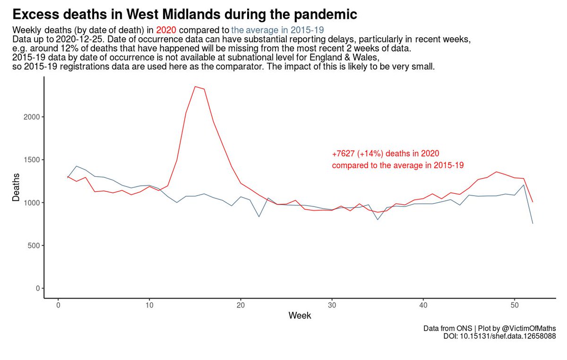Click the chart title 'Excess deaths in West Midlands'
(184, 14)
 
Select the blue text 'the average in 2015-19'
(277, 30)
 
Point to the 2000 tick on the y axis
(32, 117)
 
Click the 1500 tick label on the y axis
(32, 160)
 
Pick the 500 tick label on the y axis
(34, 246)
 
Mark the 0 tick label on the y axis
(37, 289)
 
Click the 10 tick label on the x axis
(149, 305)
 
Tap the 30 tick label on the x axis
(332, 305)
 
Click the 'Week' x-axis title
(300, 316)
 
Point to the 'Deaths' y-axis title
(16, 188)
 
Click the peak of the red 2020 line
(195, 86)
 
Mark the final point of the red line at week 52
(533, 202)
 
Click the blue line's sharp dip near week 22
(259, 216)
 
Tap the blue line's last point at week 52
(533, 223)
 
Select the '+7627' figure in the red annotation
(344, 154)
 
